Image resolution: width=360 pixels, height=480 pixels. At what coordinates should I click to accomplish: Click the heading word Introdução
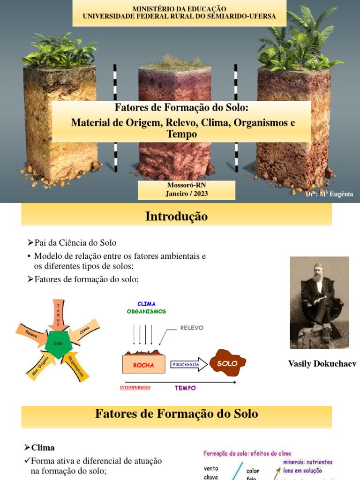pyautogui.click(x=176, y=216)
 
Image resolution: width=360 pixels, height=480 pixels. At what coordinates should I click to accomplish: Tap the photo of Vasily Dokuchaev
pyautogui.click(x=319, y=302)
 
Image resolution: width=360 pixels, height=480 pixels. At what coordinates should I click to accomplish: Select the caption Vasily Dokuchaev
pyautogui.click(x=322, y=364)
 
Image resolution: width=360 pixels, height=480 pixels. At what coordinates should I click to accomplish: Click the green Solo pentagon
pyautogui.click(x=58, y=344)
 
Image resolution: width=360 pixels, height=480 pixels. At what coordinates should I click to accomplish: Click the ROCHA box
pyautogui.click(x=143, y=364)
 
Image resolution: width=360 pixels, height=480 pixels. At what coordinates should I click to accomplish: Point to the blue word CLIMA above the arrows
pyautogui.click(x=146, y=304)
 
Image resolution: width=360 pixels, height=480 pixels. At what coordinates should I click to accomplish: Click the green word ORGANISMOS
pyautogui.click(x=146, y=311)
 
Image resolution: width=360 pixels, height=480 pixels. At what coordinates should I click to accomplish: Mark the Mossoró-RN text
pyautogui.click(x=186, y=185)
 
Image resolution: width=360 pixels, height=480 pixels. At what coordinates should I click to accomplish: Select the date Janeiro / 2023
pyautogui.click(x=186, y=193)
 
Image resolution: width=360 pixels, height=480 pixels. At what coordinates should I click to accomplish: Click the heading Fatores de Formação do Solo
pyautogui.click(x=176, y=413)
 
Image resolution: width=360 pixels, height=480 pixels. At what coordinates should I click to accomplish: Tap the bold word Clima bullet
pyautogui.click(x=43, y=447)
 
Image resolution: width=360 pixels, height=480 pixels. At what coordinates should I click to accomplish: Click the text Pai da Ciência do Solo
pyautogui.click(x=75, y=243)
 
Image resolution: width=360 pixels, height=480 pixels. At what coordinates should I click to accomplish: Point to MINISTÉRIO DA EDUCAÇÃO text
pyautogui.click(x=179, y=9)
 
